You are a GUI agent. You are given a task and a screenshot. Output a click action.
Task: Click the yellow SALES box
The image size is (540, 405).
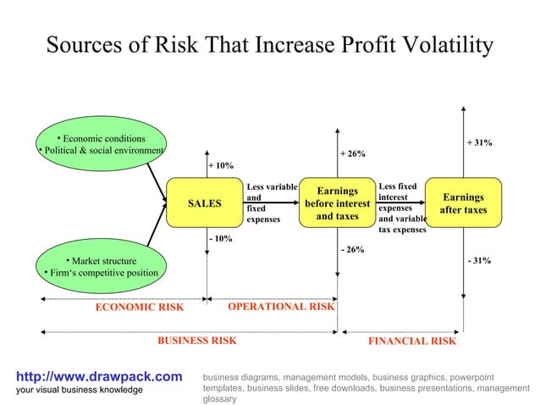coord(204,203)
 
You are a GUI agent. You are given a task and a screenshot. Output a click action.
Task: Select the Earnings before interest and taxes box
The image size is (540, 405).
coord(337,203)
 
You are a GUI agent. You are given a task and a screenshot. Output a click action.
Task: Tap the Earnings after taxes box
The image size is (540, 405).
coord(463,203)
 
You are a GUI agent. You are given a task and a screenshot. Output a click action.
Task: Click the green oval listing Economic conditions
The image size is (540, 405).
coord(100,145)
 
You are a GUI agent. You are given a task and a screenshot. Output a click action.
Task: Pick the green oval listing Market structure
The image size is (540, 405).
coord(100,266)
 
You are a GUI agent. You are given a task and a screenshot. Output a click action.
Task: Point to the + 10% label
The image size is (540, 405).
coord(221,166)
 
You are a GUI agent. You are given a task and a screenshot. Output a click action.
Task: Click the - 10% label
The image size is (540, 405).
coord(221,239)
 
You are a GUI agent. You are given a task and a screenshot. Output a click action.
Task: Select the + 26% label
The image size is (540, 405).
coord(352,154)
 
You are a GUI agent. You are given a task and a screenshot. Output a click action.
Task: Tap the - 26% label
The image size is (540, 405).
coord(352,250)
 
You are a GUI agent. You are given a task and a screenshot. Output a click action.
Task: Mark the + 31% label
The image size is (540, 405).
coord(480,143)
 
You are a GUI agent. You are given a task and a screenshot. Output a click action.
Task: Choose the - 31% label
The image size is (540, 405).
coord(480,261)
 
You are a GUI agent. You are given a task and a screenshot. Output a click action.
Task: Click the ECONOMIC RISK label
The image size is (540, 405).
coord(139,308)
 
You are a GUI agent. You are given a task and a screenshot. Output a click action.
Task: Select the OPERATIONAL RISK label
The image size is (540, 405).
coord(281,307)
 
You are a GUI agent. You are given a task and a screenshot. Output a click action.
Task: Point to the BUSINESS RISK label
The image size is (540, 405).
coord(197,341)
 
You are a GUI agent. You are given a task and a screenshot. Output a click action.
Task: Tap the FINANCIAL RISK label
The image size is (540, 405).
coord(412,341)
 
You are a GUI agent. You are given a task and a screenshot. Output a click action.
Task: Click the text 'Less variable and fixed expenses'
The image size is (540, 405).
coord(271,202)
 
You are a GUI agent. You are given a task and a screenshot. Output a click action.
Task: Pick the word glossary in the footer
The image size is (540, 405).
coord(220,398)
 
